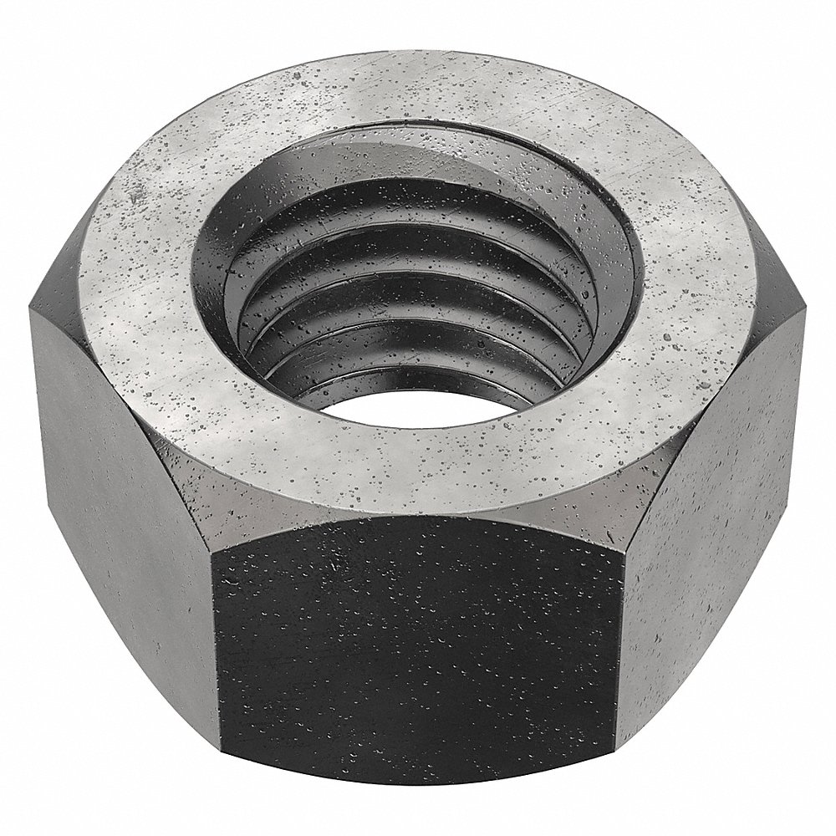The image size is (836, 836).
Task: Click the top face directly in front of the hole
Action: [x=418, y=468]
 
